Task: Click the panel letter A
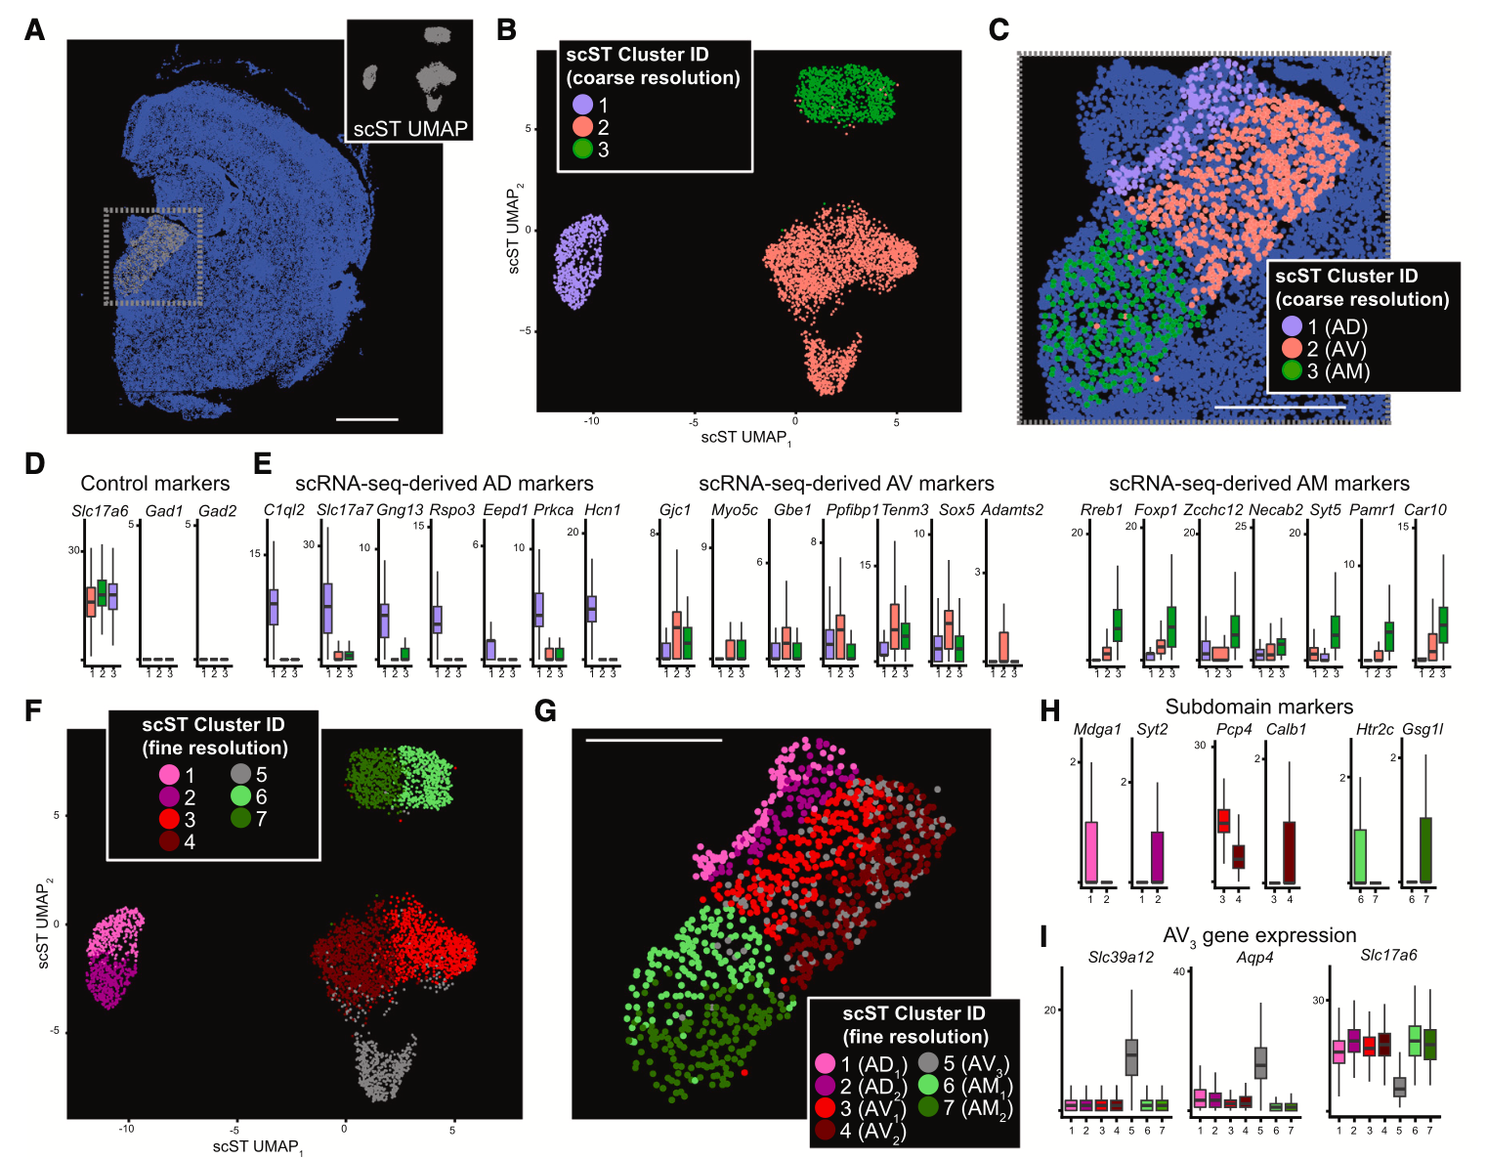pyautogui.click(x=34, y=30)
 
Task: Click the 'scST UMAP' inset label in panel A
pyautogui.click(x=410, y=128)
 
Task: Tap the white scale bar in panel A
pyautogui.click(x=366, y=419)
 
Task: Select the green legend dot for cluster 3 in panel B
pyautogui.click(x=582, y=150)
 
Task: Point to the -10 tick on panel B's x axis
pyautogui.click(x=591, y=421)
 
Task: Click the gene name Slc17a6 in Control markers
pyautogui.click(x=100, y=510)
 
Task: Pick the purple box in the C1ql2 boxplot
pyautogui.click(x=274, y=606)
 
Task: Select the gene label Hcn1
pyautogui.click(x=602, y=510)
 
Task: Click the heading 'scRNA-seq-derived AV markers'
pyautogui.click(x=846, y=483)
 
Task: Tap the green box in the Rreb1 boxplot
pyautogui.click(x=1118, y=624)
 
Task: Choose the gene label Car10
pyautogui.click(x=1424, y=510)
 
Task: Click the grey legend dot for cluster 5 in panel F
pyautogui.click(x=241, y=775)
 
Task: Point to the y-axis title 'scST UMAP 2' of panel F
pyautogui.click(x=43, y=924)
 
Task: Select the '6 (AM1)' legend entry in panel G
pyautogui.click(x=964, y=1086)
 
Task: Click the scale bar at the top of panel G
pyautogui.click(x=654, y=740)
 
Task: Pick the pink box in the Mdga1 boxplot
pyautogui.click(x=1090, y=851)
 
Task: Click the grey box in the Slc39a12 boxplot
pyautogui.click(x=1131, y=1056)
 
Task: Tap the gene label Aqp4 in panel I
pyautogui.click(x=1254, y=958)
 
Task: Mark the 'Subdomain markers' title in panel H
pyautogui.click(x=1258, y=707)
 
